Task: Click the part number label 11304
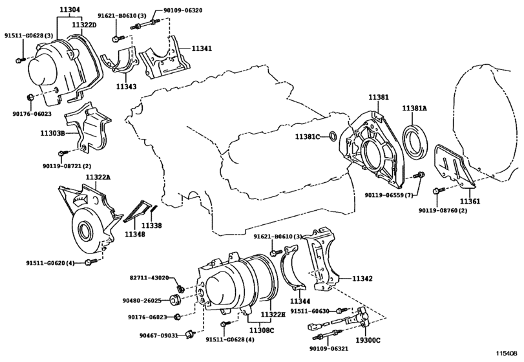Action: pos(70,10)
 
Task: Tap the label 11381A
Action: pos(414,109)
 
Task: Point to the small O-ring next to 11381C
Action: pos(333,136)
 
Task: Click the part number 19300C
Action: pos(368,341)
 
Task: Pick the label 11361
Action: pos(470,201)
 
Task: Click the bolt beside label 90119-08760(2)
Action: pos(439,191)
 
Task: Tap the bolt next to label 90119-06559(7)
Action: pos(419,175)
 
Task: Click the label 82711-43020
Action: pos(149,278)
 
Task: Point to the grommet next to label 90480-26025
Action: pos(176,299)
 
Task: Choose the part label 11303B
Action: pos(53,133)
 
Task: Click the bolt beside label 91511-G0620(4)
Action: pos(90,262)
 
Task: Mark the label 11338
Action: pos(151,226)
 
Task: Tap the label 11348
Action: pos(135,234)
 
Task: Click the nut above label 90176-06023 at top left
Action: pos(30,97)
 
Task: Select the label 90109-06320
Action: pos(183,10)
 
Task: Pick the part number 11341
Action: pos(202,48)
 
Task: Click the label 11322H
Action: pos(273,315)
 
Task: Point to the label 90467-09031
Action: pos(158,335)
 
